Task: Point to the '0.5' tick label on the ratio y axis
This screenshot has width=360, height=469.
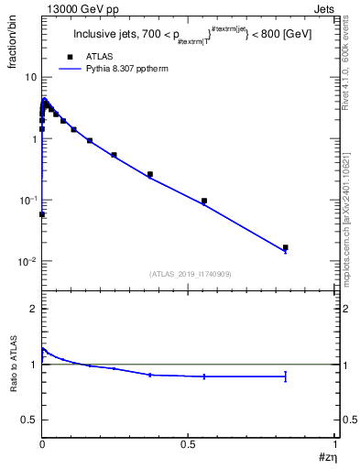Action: [28, 420]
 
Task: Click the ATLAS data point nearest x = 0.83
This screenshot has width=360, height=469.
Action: [285, 247]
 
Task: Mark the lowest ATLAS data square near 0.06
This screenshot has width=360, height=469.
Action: [42, 214]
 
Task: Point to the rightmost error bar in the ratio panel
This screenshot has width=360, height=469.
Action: [285, 376]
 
